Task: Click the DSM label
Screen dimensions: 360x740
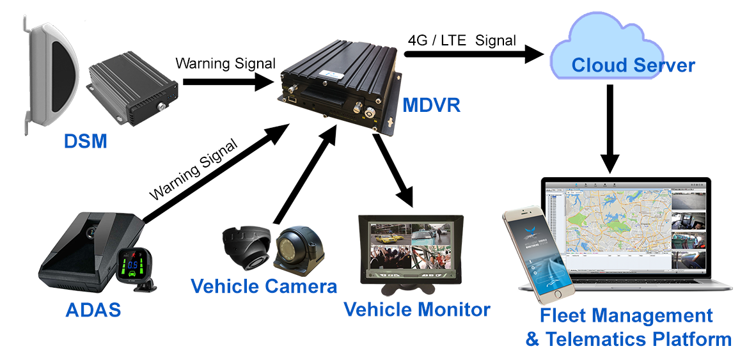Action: [x=85, y=140]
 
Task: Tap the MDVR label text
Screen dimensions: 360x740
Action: [x=432, y=105]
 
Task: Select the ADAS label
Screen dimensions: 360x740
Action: [x=93, y=309]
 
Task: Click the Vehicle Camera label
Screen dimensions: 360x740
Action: [x=264, y=286]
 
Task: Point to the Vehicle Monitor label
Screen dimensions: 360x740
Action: [x=417, y=309]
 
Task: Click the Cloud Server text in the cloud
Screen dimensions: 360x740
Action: [x=633, y=65]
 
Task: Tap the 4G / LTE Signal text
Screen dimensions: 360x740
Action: [x=462, y=40]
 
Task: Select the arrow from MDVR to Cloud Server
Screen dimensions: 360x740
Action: [x=473, y=54]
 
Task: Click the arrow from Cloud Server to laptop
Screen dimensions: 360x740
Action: [x=610, y=128]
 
